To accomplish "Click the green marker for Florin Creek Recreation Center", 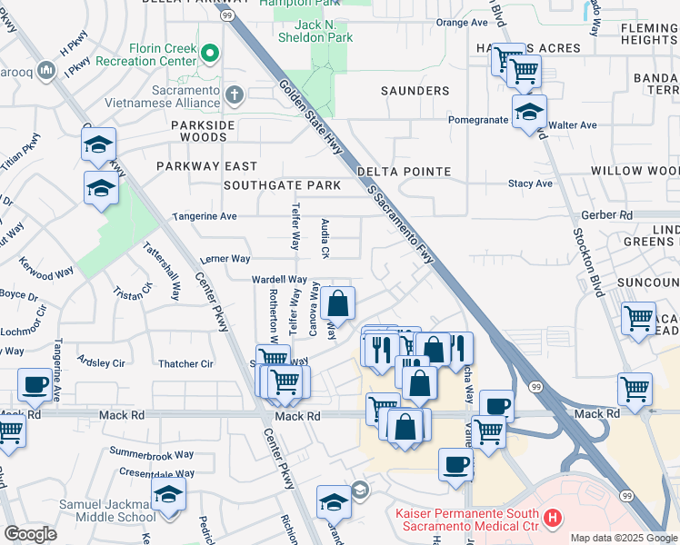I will coord(211,54).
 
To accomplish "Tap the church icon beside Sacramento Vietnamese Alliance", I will coord(234,94).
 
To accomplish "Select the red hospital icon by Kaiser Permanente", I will coord(552,520).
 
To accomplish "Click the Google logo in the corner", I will coord(30,534).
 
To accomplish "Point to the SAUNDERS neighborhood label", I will coord(415,91).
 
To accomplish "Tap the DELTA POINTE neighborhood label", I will coord(404,172).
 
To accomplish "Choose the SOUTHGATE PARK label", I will coord(282,185).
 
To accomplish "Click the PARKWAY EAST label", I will coord(206,166).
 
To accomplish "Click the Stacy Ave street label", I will coord(531,183).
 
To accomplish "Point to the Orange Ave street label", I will coord(462,23).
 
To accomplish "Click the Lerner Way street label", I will coord(225,259).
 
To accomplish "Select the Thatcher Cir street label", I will coord(185,364).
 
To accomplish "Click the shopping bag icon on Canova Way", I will coord(337,302).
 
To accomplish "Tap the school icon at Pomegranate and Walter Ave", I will coord(528,112).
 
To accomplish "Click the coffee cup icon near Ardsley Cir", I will coord(35,384).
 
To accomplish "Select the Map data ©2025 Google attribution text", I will coord(623,538).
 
